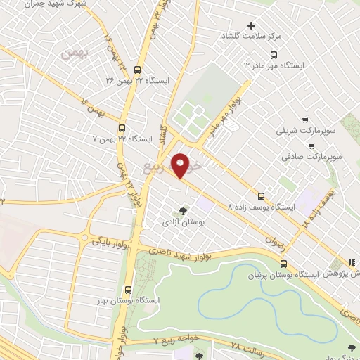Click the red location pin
pyautogui.click(x=181, y=165)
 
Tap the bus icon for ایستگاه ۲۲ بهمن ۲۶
pyautogui.click(x=136, y=70)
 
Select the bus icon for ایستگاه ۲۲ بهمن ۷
pyautogui.click(x=122, y=128)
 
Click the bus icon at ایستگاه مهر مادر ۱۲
pyautogui.click(x=273, y=54)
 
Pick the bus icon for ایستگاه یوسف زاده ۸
pyautogui.click(x=262, y=196)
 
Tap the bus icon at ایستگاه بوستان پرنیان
pyautogui.click(x=283, y=264)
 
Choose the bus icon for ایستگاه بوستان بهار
pyautogui.click(x=128, y=289)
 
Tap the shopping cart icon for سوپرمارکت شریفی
pyautogui.click(x=305, y=120)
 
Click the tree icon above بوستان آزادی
pyautogui.click(x=184, y=210)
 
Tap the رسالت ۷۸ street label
pyautogui.click(x=250, y=345)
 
